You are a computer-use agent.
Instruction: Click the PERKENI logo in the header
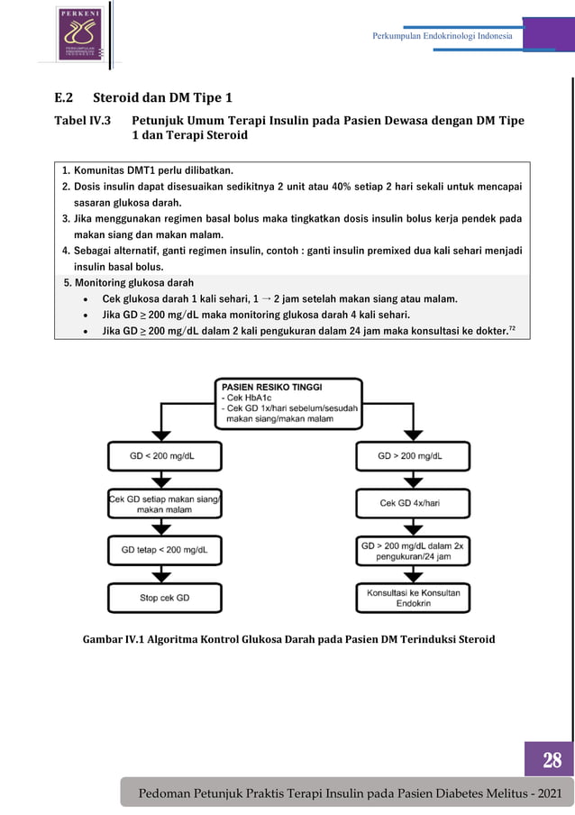coord(80,33)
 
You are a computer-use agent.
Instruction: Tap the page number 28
coord(552,760)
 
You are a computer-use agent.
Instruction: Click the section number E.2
coord(64,97)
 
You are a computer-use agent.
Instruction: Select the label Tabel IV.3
coord(83,121)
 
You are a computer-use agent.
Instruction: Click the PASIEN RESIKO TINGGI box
coord(288,404)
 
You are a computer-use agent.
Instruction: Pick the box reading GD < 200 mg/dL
coord(165,456)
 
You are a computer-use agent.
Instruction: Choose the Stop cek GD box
coord(165,598)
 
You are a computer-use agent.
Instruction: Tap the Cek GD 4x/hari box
coord(413,503)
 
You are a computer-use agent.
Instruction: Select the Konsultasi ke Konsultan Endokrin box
coord(413,598)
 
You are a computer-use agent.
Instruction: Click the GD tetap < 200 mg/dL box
coord(165,550)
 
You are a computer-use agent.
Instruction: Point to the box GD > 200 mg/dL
coord(413,456)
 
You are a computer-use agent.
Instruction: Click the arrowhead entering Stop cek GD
coord(161,578)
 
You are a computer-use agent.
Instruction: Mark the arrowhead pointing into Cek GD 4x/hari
coord(413,483)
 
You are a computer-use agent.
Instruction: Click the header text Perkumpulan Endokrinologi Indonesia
coord(442,36)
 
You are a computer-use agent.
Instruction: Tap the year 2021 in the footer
coord(550,793)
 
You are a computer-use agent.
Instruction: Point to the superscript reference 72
coord(512,328)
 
